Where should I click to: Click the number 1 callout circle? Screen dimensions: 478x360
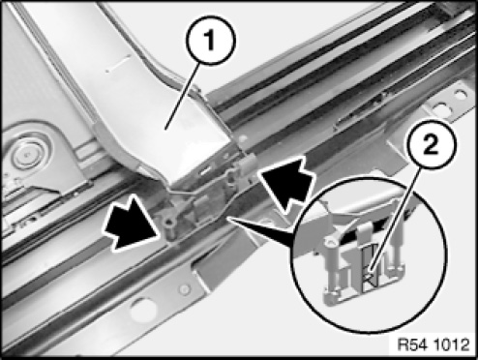click(211, 41)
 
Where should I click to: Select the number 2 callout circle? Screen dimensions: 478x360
click(432, 144)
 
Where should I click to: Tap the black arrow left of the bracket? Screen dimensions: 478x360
click(133, 224)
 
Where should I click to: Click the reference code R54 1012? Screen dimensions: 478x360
click(433, 345)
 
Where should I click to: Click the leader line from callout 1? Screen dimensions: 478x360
click(183, 96)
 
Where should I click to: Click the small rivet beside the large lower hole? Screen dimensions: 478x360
click(185, 289)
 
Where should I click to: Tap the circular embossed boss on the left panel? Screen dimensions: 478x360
click(28, 154)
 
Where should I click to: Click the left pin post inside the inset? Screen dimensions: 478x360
click(332, 269)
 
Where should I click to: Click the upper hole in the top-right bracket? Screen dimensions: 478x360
click(460, 95)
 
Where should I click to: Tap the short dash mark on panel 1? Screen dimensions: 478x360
click(118, 63)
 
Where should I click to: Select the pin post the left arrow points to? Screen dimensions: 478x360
click(170, 227)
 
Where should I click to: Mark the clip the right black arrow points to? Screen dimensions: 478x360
click(248, 164)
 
